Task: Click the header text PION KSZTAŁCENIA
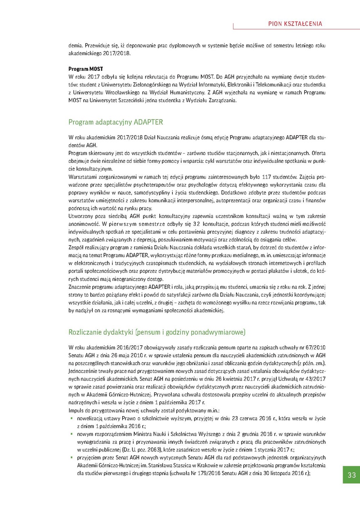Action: [295, 24]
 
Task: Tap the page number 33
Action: [352, 475]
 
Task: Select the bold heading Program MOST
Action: [86, 69]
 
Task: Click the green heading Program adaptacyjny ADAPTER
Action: [115, 122]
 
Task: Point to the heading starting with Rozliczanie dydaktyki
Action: [157, 331]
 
